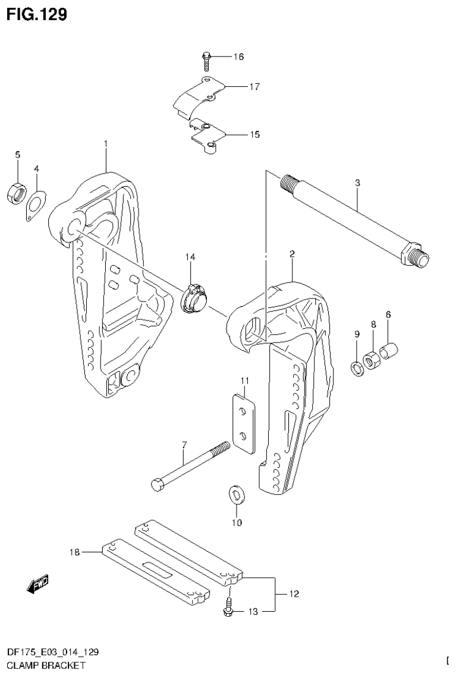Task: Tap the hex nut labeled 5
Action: tap(17, 193)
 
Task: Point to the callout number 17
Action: tap(254, 87)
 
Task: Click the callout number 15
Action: tap(254, 135)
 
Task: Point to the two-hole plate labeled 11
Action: tap(243, 422)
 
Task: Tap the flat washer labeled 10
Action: tap(236, 494)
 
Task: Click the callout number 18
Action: tap(74, 552)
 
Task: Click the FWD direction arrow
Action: tap(38, 584)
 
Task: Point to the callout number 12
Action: tap(294, 593)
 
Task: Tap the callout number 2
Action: tap(293, 254)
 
